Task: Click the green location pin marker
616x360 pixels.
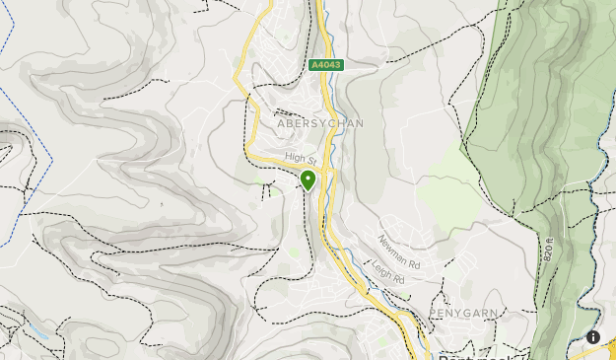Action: click(x=308, y=180)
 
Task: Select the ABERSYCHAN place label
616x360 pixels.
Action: click(x=320, y=123)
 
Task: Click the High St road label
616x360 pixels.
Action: click(x=300, y=158)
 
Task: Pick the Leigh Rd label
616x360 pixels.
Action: click(x=389, y=273)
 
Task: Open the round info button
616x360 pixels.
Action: click(x=593, y=337)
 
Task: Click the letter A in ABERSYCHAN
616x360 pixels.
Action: click(x=282, y=123)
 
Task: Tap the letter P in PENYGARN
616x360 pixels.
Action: click(x=433, y=312)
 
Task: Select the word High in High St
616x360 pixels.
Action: click(x=294, y=156)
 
